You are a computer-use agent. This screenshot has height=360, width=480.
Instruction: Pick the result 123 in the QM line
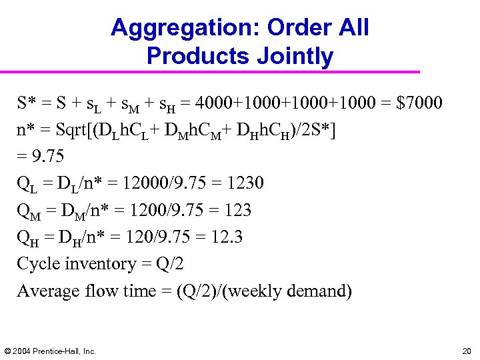[x=238, y=211]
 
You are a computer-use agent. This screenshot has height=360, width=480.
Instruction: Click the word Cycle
[x=39, y=264]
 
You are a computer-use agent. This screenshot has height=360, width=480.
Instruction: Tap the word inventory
[x=103, y=264]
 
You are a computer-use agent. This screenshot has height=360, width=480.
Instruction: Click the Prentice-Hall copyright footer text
[x=51, y=351]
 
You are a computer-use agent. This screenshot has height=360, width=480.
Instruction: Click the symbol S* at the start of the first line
[x=27, y=103]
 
